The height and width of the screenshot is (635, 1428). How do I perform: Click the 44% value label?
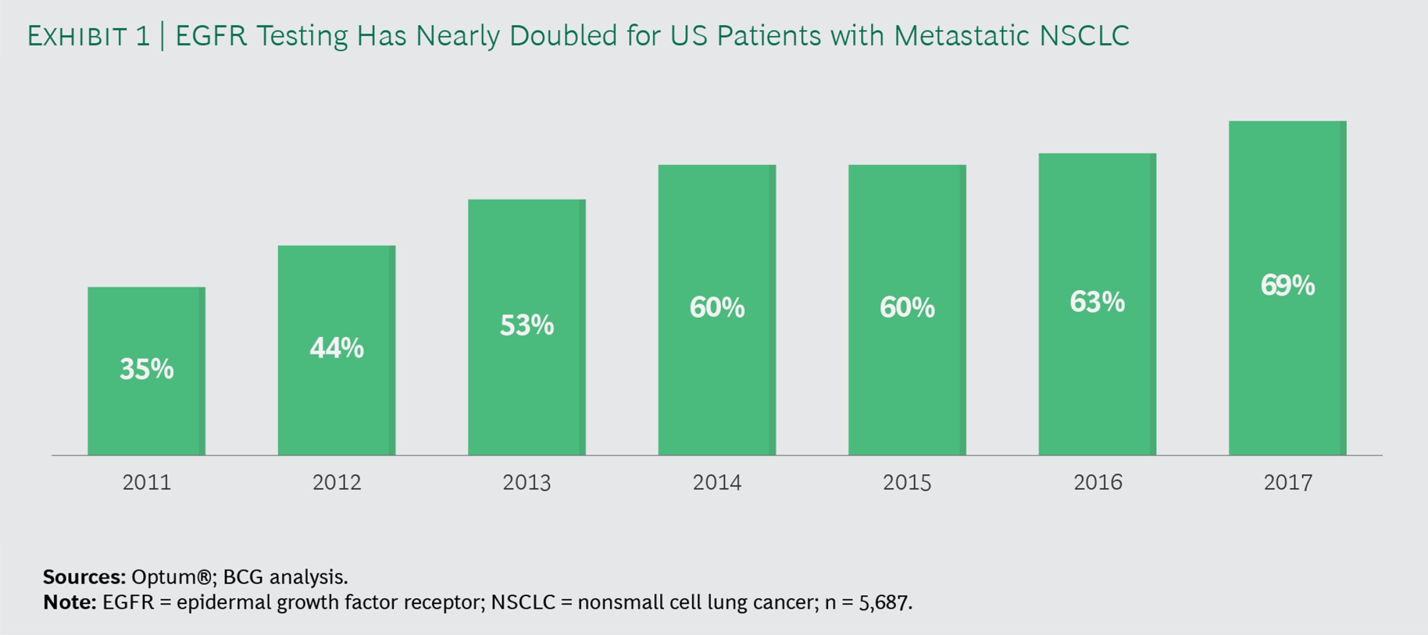pos(337,348)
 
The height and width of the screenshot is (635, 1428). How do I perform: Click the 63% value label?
pos(1097,302)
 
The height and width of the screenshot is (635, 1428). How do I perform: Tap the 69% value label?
pos(1287,286)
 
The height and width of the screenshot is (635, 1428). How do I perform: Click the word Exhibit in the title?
pos(77,37)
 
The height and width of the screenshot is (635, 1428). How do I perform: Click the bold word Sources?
pos(84,577)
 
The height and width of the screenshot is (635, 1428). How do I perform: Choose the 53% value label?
pos(527,325)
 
